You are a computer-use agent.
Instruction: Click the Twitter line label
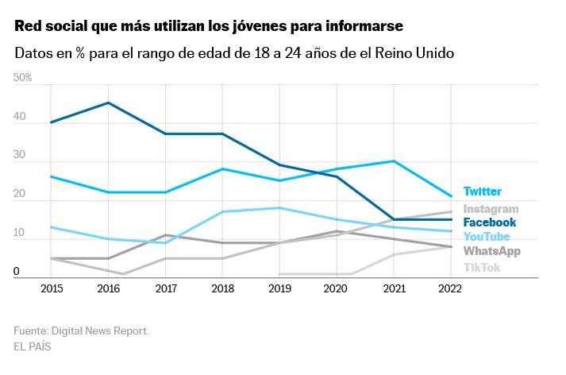click(x=482, y=191)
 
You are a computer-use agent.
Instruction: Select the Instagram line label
click(x=491, y=209)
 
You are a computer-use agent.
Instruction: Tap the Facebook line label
click(x=489, y=222)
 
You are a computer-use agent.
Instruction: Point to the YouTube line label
click(x=487, y=237)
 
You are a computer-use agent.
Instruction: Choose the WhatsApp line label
click(x=491, y=251)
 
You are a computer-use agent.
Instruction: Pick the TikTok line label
click(x=481, y=267)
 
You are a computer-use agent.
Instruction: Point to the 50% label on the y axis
click(x=22, y=77)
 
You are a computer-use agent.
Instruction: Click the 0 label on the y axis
click(x=17, y=272)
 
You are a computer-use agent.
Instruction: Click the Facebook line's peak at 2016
click(x=108, y=102)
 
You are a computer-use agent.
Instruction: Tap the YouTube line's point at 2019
click(x=280, y=208)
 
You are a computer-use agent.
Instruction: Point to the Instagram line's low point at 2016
click(x=122, y=274)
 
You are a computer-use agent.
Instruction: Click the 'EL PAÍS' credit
click(x=33, y=346)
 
